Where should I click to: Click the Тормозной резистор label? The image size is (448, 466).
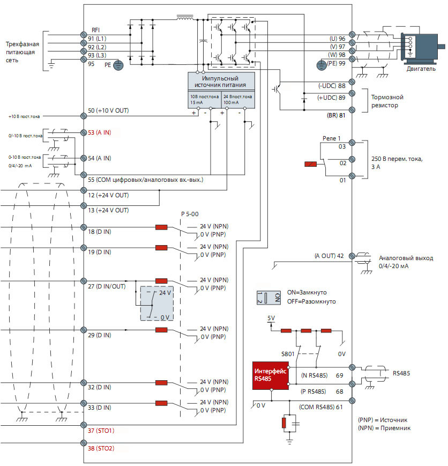tap(387, 101)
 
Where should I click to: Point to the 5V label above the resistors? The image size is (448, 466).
tap(271, 318)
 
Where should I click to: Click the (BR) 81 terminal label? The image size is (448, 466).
tap(335, 114)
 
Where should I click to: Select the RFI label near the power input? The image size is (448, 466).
tap(96, 30)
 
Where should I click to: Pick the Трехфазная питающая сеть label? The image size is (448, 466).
tap(20, 52)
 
